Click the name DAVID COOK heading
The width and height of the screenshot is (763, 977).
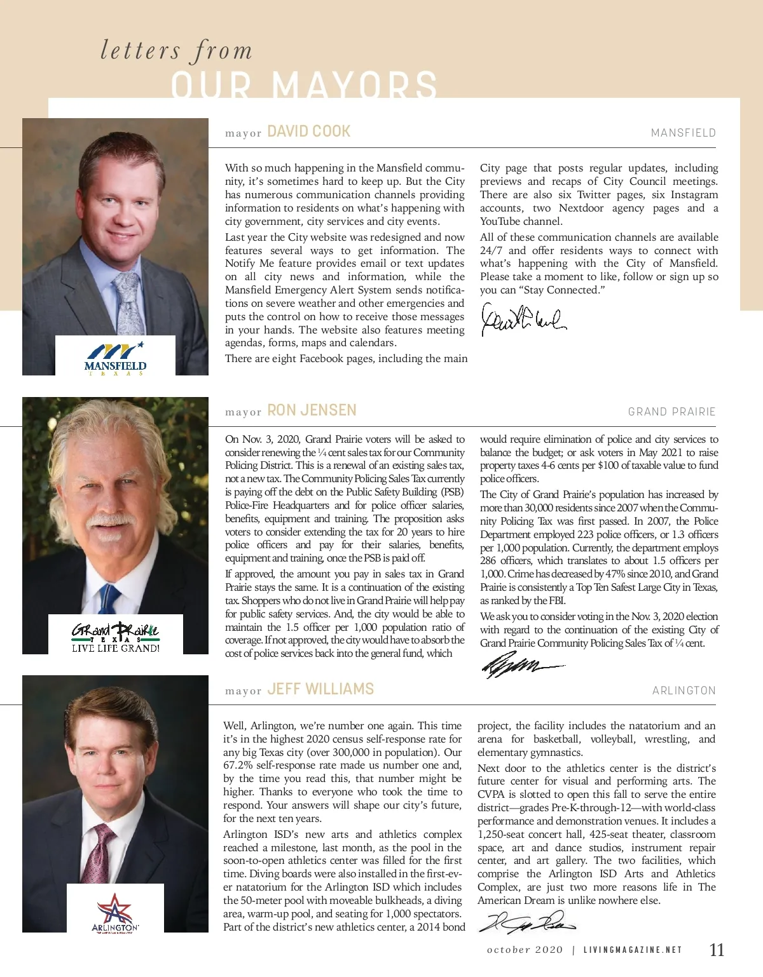pyautogui.click(x=308, y=131)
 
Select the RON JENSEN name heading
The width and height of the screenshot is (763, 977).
pyautogui.click(x=312, y=410)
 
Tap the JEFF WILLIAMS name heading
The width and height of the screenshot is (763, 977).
pyautogui.click(x=320, y=689)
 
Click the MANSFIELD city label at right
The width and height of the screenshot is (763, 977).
pyautogui.click(x=684, y=133)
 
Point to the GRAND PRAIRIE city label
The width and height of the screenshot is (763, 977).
pyautogui.click(x=672, y=412)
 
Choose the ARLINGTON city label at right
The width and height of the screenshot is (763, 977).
pyautogui.click(x=684, y=691)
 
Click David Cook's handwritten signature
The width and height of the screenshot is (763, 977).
pyautogui.click(x=523, y=320)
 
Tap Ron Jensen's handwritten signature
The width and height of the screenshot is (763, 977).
pyautogui.click(x=521, y=666)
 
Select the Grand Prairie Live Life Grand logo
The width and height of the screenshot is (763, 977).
pyautogui.click(x=115, y=636)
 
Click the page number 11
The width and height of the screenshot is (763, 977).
pyautogui.click(x=717, y=950)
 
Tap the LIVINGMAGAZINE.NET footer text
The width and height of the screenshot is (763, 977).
pyautogui.click(x=633, y=950)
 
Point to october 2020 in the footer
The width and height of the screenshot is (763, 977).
pyautogui.click(x=525, y=950)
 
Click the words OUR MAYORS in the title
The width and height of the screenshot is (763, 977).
pyautogui.click(x=304, y=84)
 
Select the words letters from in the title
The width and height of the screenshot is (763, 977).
pyautogui.click(x=176, y=51)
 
